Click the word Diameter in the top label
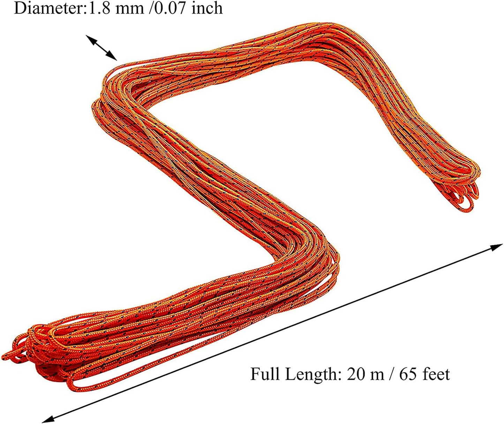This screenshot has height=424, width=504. (x=48, y=8)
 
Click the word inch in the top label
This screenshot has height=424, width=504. (x=207, y=8)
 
